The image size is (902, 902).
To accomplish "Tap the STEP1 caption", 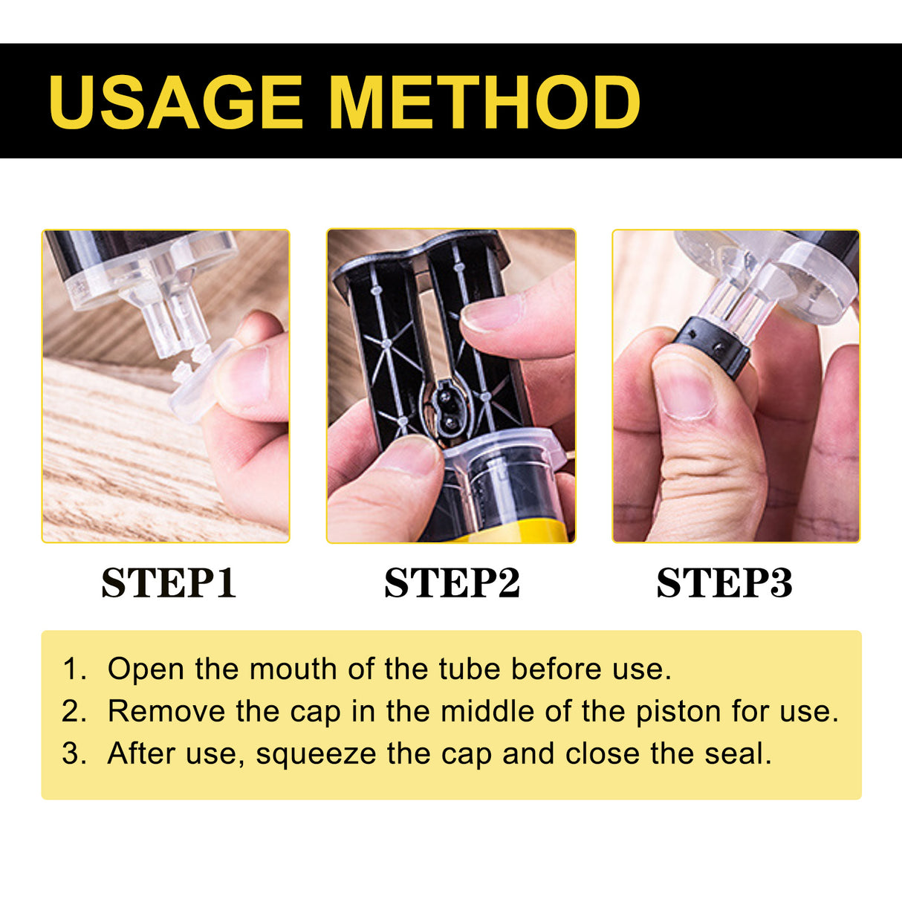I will [169, 583].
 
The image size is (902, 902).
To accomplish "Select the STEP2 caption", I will [452, 583].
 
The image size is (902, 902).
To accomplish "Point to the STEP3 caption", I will [724, 583].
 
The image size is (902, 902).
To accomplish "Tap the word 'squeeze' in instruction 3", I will [317, 754].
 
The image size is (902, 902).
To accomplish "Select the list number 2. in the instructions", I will [74, 712].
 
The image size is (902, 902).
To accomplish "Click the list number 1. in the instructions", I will [74, 669].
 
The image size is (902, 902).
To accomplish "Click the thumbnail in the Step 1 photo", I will [245, 375].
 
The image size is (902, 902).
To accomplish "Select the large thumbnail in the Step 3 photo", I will [684, 386].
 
